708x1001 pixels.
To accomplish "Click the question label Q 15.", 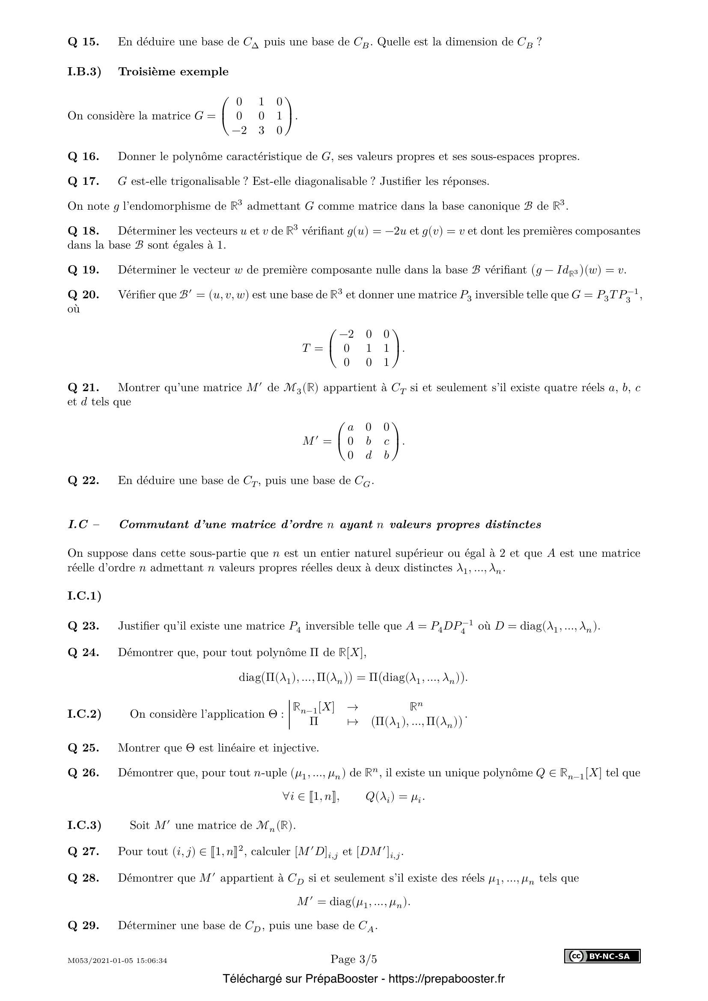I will pos(83,42).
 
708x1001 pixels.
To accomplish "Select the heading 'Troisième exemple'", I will pos(173,71).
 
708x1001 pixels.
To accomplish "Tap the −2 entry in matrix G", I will pos(239,131).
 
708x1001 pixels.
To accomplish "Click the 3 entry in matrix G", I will pos(261,131).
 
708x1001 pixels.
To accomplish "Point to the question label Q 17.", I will pos(83,181).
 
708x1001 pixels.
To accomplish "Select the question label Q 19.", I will pos(83,270).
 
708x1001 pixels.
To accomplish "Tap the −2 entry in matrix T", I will pos(346,334).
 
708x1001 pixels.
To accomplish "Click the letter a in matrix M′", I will pos(351,427).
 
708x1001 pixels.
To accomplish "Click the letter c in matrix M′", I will pos(386,442).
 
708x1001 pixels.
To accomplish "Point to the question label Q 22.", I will pos(83,481).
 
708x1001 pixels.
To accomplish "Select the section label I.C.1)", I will pos(84,596).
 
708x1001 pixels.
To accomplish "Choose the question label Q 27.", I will pos(83,851).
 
